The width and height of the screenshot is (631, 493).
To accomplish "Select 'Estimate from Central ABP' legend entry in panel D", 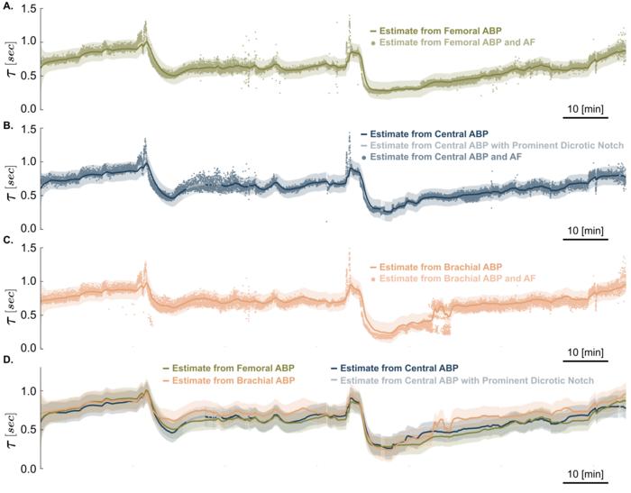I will pyautogui.click(x=401, y=368).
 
